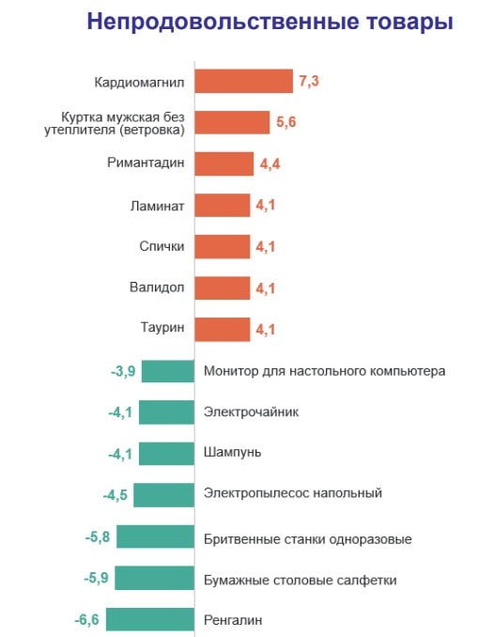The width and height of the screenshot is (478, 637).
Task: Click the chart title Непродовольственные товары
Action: click(x=270, y=22)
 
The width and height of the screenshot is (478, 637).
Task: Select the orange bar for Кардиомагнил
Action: click(x=243, y=82)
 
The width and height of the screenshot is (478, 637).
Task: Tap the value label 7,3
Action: click(x=309, y=82)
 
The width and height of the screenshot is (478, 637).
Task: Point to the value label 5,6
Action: click(x=285, y=123)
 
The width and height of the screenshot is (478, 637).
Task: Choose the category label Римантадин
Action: click(x=146, y=163)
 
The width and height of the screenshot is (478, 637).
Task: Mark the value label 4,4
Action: click(x=270, y=164)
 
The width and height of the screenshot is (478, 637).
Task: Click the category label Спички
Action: click(x=161, y=246)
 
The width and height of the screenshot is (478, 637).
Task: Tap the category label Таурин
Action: click(x=161, y=329)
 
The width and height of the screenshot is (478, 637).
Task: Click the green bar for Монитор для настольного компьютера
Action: click(x=168, y=371)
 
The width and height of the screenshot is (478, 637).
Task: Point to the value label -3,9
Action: click(x=123, y=371)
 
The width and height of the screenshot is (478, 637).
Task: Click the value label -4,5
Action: click(x=115, y=494)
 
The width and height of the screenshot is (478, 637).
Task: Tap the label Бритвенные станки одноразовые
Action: click(x=308, y=539)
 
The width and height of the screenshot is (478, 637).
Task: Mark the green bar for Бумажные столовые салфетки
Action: click(x=156, y=579)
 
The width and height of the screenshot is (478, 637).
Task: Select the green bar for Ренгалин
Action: click(x=151, y=620)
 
